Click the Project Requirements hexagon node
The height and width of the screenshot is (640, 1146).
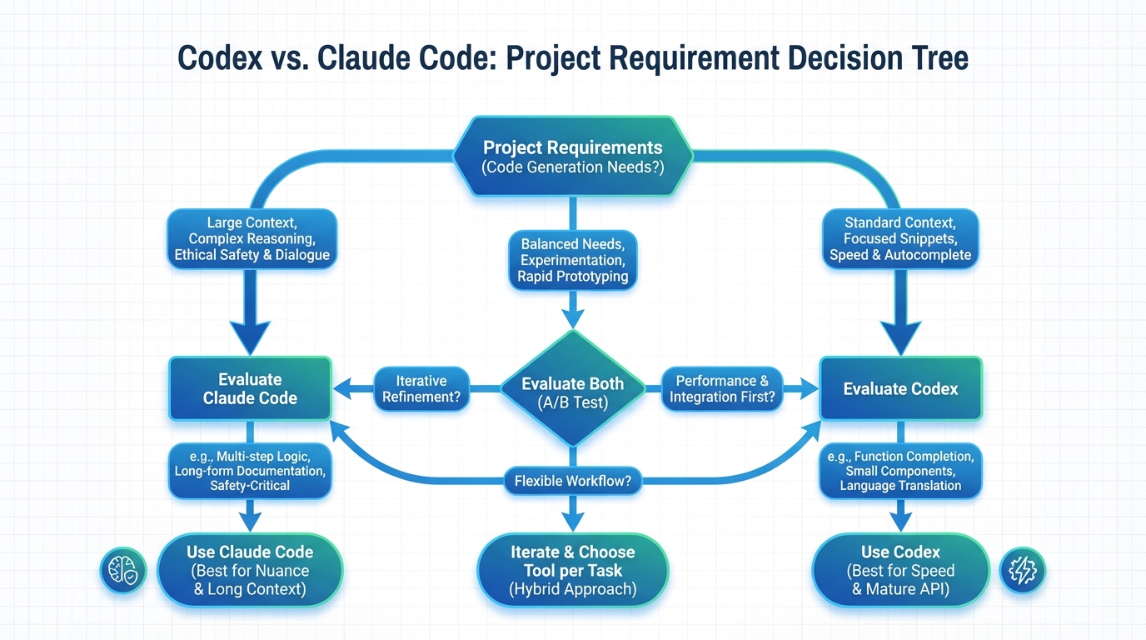click(x=572, y=157)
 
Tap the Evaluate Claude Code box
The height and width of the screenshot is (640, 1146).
click(x=250, y=389)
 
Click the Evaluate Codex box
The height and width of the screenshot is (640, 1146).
click(x=900, y=389)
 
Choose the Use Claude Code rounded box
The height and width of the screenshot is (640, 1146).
click(x=250, y=571)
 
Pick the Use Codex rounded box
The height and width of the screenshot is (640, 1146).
click(x=900, y=571)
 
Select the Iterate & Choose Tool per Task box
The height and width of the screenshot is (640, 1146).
click(x=572, y=570)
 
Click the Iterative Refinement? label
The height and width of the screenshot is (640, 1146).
click(x=421, y=389)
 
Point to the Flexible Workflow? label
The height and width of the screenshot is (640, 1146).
click(x=572, y=481)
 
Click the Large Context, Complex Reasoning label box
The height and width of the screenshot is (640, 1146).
click(x=252, y=239)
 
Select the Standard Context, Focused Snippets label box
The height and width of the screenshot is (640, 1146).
click(x=900, y=239)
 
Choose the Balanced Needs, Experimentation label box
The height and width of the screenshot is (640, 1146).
click(x=572, y=260)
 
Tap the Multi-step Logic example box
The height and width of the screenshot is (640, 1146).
click(x=250, y=471)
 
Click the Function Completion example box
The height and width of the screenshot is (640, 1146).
click(x=900, y=471)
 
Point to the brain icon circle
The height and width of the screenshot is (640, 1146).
click(x=123, y=571)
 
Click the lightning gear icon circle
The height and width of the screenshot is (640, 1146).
click(x=1022, y=571)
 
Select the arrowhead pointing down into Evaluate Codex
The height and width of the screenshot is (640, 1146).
click(x=900, y=338)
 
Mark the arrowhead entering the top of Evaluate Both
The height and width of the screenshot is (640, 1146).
click(x=572, y=318)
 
